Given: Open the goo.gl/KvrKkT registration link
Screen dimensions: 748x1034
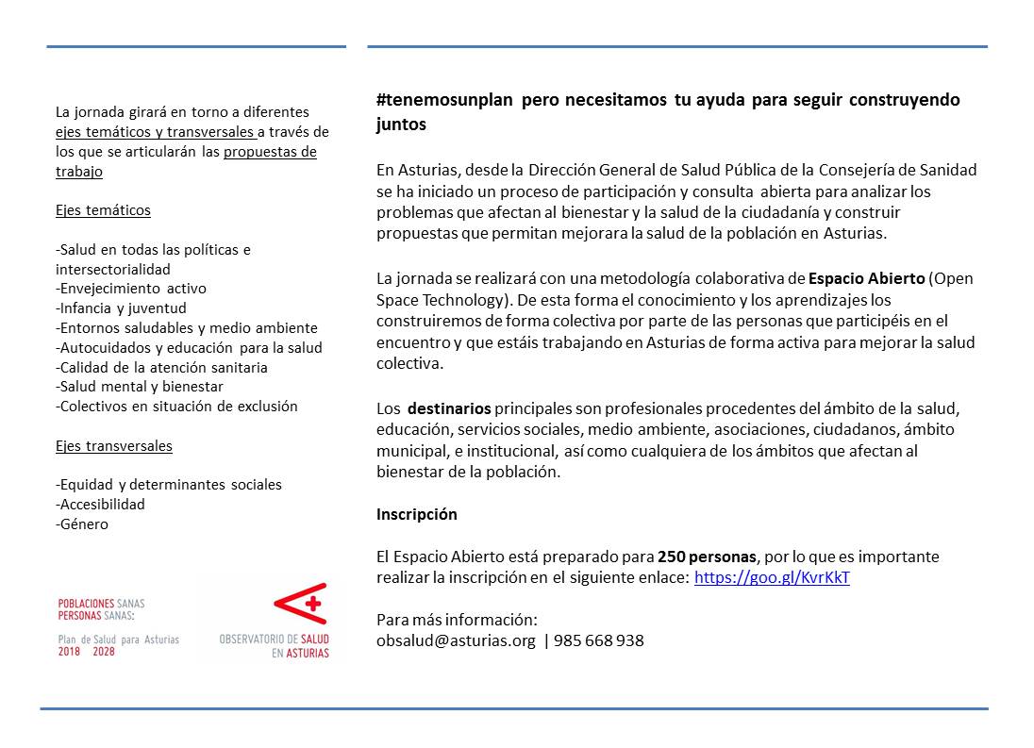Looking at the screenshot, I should pos(772,577).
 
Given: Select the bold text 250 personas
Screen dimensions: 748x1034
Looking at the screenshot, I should pos(708,557).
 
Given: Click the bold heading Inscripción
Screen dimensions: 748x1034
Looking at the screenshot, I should pos(416,514).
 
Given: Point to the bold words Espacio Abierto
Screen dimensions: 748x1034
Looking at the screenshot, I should pos(866,279).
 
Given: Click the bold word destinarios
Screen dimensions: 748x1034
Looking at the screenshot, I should pos(449,408).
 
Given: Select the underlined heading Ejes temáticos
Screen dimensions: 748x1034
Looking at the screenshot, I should pos(103,210).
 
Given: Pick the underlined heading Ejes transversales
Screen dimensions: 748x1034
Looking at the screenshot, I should pos(114,445).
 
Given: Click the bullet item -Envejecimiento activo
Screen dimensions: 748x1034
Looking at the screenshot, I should pos(131,289).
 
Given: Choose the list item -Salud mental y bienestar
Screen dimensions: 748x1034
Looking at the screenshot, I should pos(140,387).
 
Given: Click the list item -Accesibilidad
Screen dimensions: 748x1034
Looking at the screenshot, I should pos(101,505).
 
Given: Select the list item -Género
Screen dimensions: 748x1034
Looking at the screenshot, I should pos(82,524).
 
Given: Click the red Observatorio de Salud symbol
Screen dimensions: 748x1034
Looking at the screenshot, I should pos(299,603).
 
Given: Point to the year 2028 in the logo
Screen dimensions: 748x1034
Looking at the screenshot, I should pos(104,652).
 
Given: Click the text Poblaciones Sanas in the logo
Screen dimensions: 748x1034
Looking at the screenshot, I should pos(101,603).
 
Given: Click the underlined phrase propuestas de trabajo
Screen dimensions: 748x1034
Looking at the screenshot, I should pos(270,152).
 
